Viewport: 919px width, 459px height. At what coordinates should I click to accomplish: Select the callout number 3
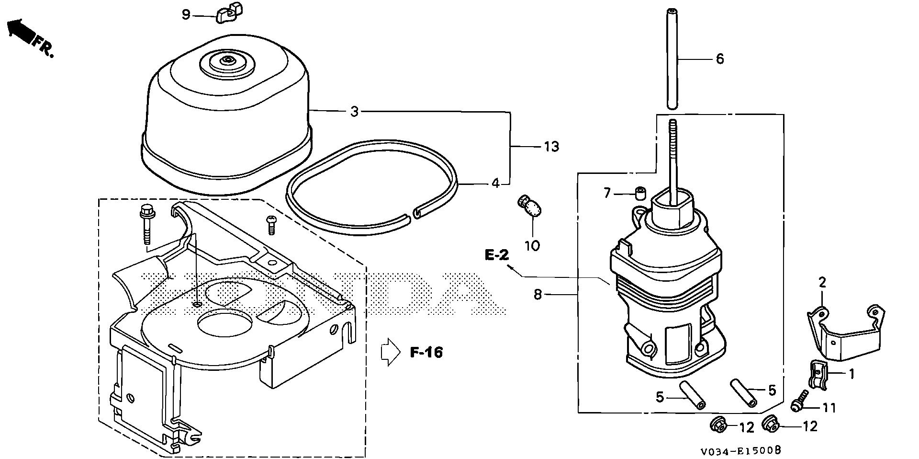coord(354,112)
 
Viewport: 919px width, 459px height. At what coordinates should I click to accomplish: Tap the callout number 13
coord(551,147)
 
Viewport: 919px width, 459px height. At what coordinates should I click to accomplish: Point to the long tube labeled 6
coord(672,57)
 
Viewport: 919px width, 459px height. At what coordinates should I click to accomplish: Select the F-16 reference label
coord(426,353)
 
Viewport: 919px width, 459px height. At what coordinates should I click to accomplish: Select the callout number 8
coord(538,295)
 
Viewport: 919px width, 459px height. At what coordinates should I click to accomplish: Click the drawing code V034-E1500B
coord(741,451)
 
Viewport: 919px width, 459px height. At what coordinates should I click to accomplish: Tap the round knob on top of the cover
coord(225,61)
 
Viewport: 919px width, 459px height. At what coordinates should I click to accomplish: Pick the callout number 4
coord(495,183)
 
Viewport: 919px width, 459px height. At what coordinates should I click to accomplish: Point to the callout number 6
coord(720,59)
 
